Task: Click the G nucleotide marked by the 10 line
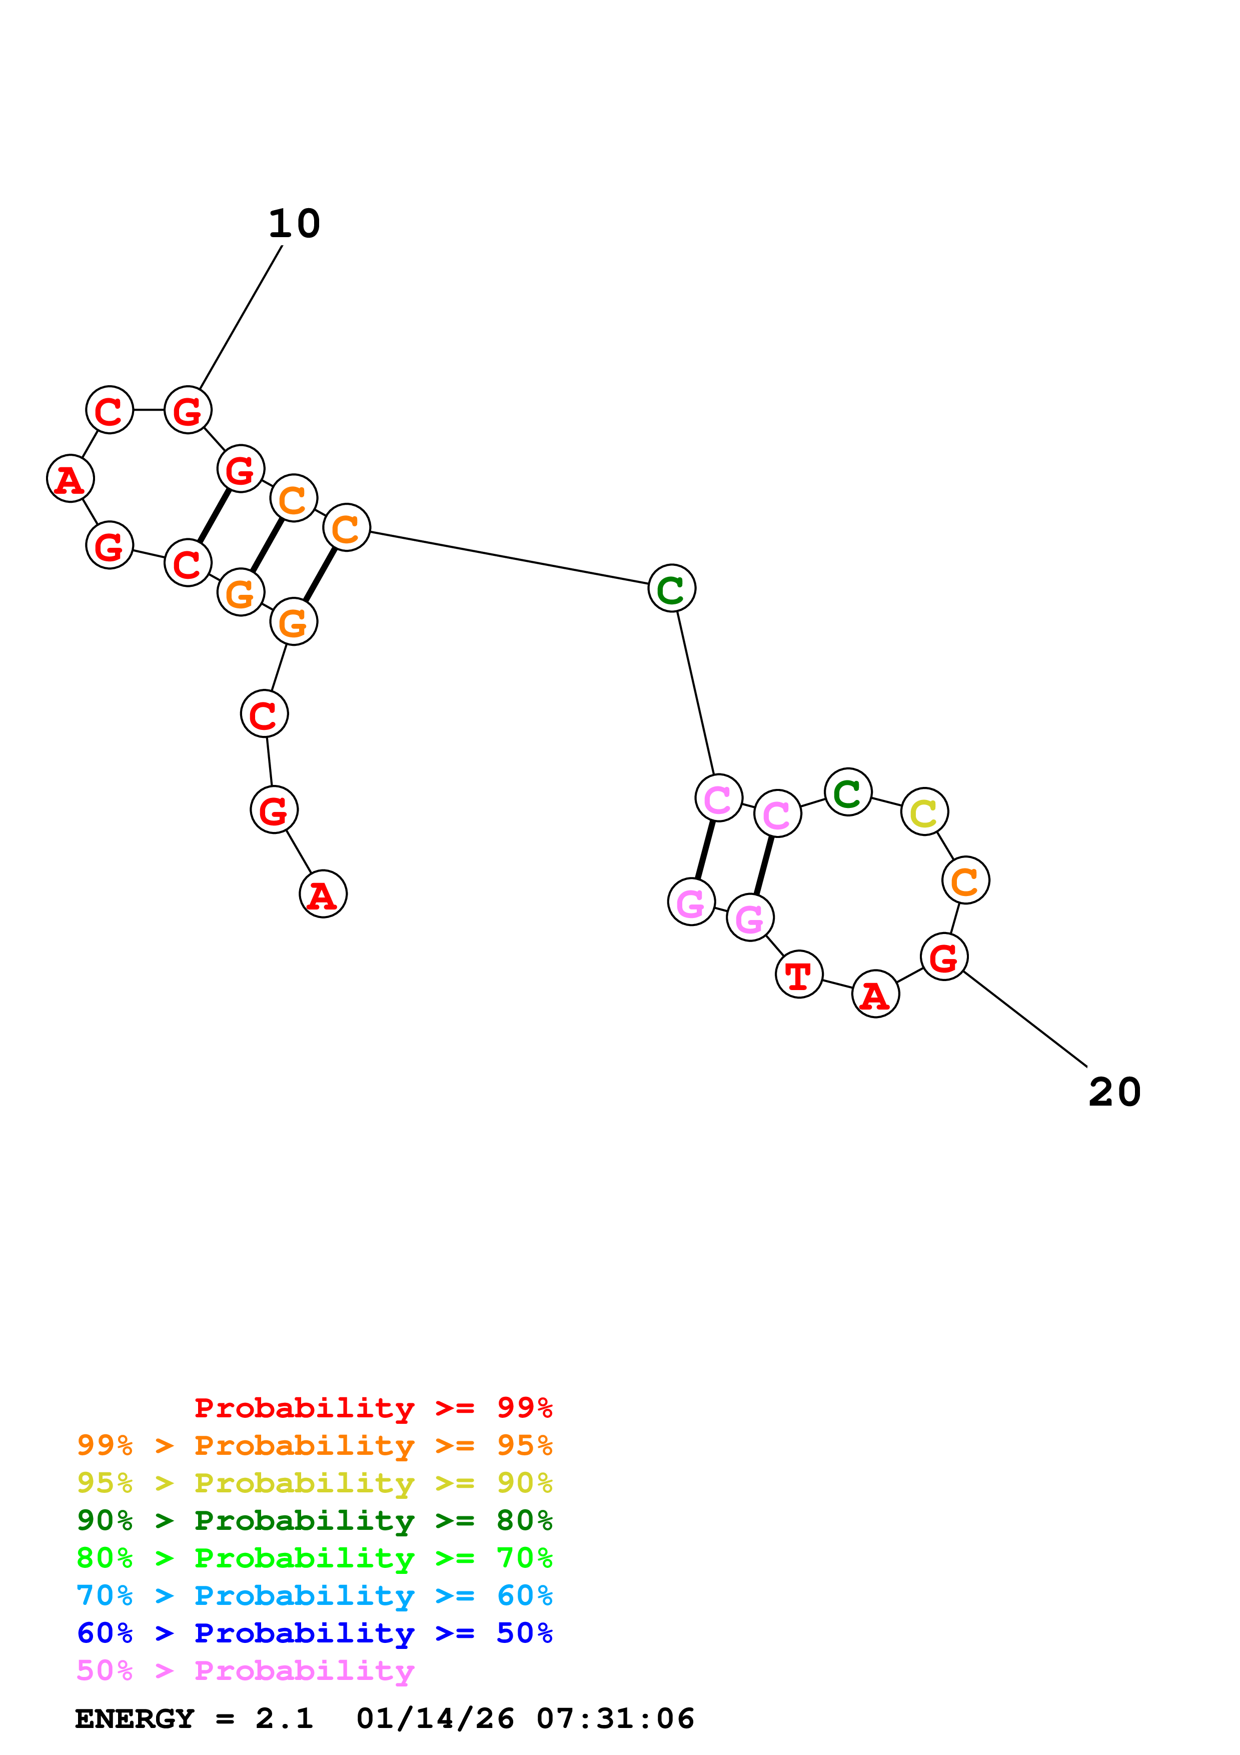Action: coord(188,410)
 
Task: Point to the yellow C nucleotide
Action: coord(924,812)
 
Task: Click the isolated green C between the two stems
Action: coord(672,588)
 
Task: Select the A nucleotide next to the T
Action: coord(875,995)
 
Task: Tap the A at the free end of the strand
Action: coord(323,895)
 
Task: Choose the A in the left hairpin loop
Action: coord(71,479)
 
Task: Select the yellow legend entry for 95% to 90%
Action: coord(314,1483)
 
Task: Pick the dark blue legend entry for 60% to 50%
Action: coord(314,1633)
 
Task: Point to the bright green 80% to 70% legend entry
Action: coord(314,1558)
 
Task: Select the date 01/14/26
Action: coord(435,1718)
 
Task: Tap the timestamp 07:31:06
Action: coord(615,1718)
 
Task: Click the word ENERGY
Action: coord(135,1718)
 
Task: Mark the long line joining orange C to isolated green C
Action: coord(509,558)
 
